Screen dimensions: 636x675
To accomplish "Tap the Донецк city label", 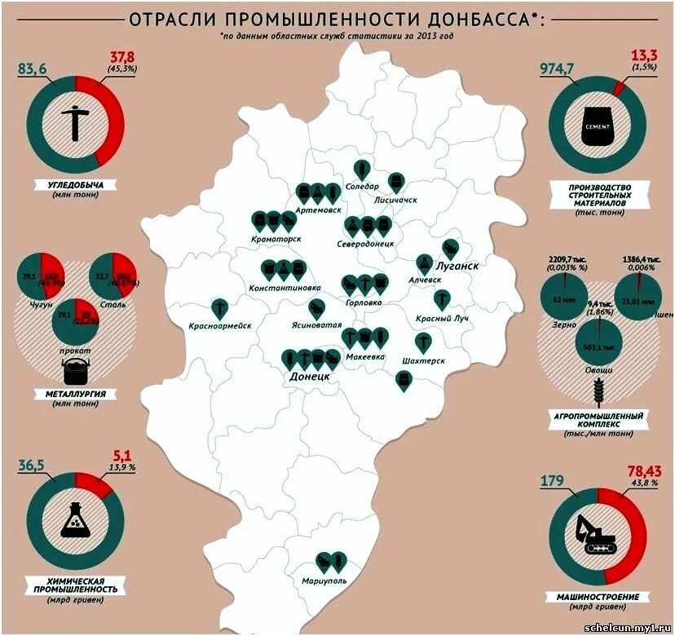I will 310,377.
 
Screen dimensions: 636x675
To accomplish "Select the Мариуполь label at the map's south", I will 324,581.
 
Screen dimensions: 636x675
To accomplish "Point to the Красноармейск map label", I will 219,326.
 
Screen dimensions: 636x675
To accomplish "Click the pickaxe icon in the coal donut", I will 75,124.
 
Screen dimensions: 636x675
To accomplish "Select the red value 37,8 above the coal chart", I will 121,56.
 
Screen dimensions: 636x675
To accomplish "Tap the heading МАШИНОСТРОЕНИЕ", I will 598,597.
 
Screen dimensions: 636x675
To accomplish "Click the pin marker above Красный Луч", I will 442,298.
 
